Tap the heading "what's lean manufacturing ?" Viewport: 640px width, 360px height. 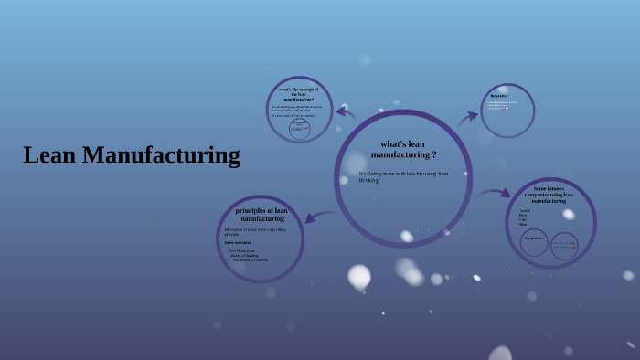click(x=402, y=149)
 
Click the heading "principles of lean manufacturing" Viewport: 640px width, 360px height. click(x=261, y=215)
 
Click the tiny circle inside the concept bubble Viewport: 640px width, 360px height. click(x=300, y=130)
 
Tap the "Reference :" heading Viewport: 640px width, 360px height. click(x=499, y=96)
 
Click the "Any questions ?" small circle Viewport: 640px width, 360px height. click(x=534, y=243)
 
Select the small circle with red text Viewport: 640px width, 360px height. click(x=564, y=245)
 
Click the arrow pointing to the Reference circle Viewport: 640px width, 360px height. click(x=468, y=116)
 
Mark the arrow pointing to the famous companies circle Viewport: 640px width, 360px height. click(x=495, y=193)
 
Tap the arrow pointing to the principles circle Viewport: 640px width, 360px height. click(x=319, y=216)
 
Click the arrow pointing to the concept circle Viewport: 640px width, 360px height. click(x=346, y=112)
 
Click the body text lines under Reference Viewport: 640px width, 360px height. click(x=499, y=106)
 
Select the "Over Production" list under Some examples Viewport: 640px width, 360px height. click(x=248, y=255)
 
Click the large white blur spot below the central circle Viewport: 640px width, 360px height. click(x=359, y=275)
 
